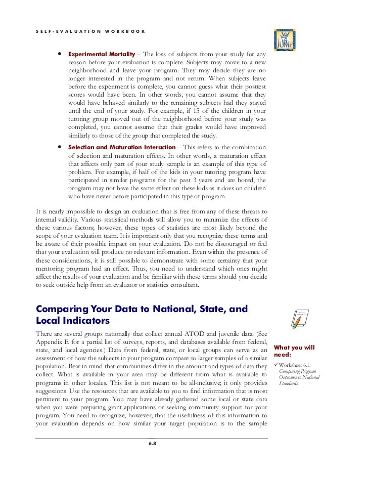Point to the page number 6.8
point(152,444)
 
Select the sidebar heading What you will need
point(294,351)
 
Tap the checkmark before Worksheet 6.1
point(275,365)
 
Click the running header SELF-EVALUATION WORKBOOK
point(91,31)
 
